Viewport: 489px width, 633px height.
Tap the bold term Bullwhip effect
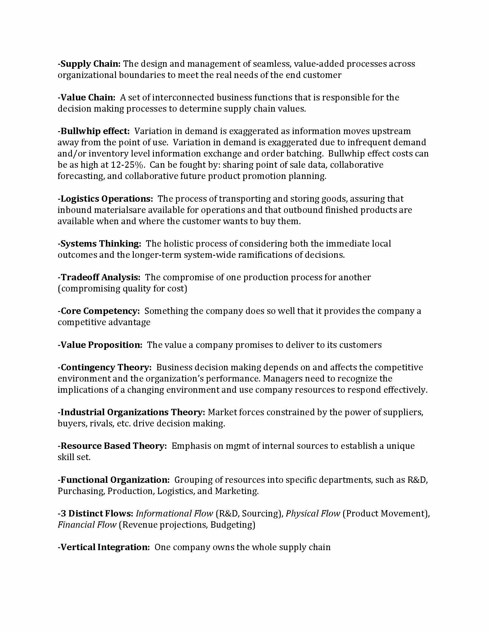point(94,131)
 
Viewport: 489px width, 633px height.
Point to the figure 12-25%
point(127,165)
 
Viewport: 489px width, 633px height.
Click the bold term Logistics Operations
point(106,199)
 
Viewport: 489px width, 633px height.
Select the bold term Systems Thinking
point(100,244)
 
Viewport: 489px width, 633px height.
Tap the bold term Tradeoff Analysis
point(99,277)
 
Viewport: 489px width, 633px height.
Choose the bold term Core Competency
point(99,311)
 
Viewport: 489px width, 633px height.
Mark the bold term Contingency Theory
point(105,367)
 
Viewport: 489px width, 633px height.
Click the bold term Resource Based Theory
point(112,446)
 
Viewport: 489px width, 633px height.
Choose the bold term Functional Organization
point(114,480)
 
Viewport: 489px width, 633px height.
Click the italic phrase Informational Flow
point(174,513)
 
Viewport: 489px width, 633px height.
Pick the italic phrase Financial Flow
point(87,525)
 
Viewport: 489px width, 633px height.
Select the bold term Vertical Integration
point(104,547)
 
